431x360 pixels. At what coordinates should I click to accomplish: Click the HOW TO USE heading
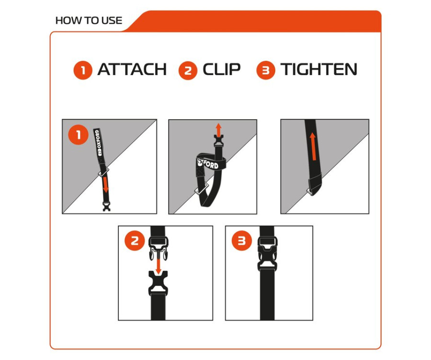[x=89, y=21]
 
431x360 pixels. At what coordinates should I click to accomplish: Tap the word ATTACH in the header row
[x=132, y=69]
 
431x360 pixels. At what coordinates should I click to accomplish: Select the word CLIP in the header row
[x=222, y=69]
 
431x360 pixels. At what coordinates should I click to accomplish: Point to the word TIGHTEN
[x=318, y=69]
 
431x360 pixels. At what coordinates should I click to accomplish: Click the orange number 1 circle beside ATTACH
[x=83, y=70]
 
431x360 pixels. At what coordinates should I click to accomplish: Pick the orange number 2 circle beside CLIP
[x=188, y=70]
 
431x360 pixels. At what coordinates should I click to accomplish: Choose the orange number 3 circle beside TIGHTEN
[x=266, y=70]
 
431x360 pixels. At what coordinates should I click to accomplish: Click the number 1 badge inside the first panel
[x=79, y=135]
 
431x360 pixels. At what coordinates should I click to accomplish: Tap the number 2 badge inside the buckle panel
[x=135, y=241]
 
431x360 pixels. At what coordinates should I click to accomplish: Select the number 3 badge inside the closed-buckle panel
[x=242, y=241]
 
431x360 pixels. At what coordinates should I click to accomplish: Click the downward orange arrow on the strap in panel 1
[x=105, y=185]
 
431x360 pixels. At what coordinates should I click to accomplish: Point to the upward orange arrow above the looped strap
[x=218, y=130]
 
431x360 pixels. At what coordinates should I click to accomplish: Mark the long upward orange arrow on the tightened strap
[x=313, y=146]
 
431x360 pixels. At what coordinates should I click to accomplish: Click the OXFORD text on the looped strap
[x=208, y=163]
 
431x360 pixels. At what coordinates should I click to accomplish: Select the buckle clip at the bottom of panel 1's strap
[x=107, y=206]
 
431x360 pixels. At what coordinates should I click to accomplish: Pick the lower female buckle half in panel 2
[x=158, y=283]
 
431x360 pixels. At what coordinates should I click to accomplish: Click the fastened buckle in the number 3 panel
[x=267, y=254]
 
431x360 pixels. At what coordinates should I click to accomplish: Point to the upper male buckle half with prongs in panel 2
[x=159, y=249]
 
